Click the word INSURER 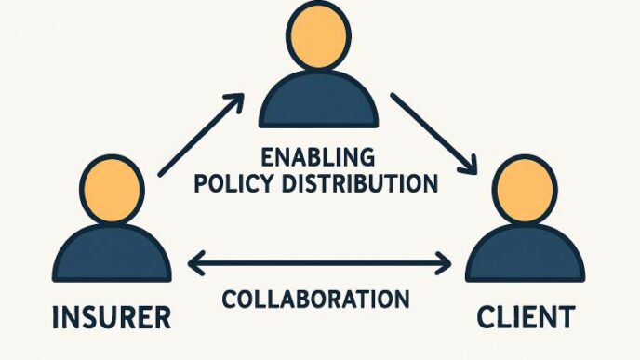(x=113, y=317)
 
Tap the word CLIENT (x=525, y=317)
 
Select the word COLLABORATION (x=316, y=300)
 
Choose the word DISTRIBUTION (x=360, y=181)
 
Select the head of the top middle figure (x=318, y=37)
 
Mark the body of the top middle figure (x=318, y=100)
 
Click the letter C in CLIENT (x=487, y=317)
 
